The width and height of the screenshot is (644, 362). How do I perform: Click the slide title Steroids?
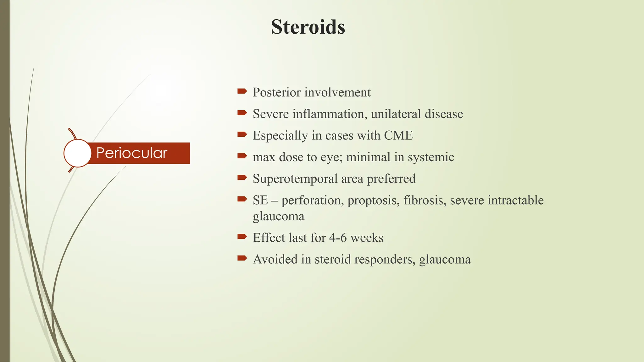tap(308, 27)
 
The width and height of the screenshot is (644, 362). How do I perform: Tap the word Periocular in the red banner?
tap(131, 153)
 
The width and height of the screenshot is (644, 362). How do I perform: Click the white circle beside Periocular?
tap(78, 153)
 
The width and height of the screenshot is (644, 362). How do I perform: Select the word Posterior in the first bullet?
tap(277, 92)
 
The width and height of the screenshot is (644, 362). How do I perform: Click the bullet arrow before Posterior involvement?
tap(242, 91)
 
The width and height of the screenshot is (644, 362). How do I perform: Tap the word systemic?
tap(431, 157)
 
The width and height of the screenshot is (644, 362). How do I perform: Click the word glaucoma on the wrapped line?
tap(279, 217)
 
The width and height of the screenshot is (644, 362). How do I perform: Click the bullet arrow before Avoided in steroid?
tap(242, 258)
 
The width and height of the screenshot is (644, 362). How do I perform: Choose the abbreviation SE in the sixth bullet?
tap(260, 200)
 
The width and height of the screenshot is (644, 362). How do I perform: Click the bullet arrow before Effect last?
tap(242, 237)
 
